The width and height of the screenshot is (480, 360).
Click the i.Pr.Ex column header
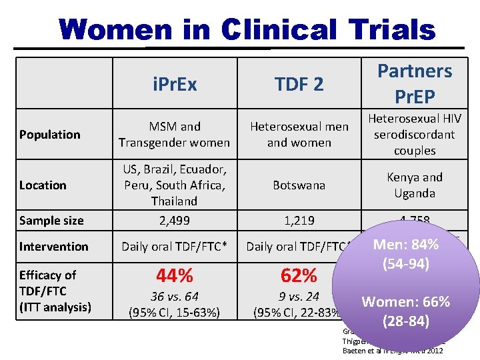174,84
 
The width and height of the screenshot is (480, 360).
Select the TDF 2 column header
299,84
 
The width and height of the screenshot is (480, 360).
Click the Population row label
50,135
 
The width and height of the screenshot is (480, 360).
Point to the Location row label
43,185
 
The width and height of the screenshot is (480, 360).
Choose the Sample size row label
51,221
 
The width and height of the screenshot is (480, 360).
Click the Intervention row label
53,246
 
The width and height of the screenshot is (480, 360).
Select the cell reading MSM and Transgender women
174,134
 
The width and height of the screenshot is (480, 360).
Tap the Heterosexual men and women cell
299,134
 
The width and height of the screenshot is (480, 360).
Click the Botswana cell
299,185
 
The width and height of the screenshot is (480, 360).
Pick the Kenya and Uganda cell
414,185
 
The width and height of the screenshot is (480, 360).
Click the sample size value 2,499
174,221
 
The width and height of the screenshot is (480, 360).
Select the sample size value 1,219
299,221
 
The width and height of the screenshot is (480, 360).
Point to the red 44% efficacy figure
174,275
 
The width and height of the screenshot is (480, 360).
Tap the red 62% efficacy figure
299,275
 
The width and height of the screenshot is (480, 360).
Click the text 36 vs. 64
174,297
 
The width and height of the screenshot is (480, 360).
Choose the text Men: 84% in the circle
405,245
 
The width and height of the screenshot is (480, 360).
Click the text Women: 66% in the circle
406,301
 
